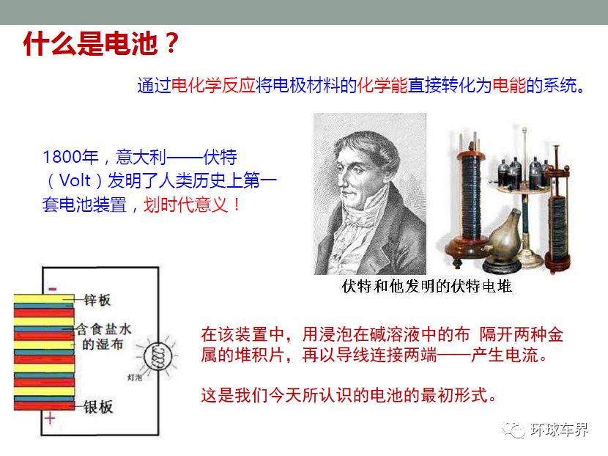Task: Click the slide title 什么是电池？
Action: [101, 43]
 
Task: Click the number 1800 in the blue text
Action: [62, 157]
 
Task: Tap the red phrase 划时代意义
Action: [185, 205]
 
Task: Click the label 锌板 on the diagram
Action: [97, 300]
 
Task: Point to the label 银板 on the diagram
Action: [98, 407]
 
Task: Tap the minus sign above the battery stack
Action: [52, 288]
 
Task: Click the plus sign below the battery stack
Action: [50, 419]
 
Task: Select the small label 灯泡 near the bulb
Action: [135, 378]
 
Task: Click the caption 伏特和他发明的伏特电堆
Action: [426, 287]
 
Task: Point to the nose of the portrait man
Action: [341, 180]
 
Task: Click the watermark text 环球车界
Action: [560, 429]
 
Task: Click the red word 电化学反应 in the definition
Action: [213, 85]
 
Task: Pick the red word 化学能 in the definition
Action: [382, 85]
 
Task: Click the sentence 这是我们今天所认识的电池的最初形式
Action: [349, 395]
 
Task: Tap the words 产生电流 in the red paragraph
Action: [505, 355]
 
